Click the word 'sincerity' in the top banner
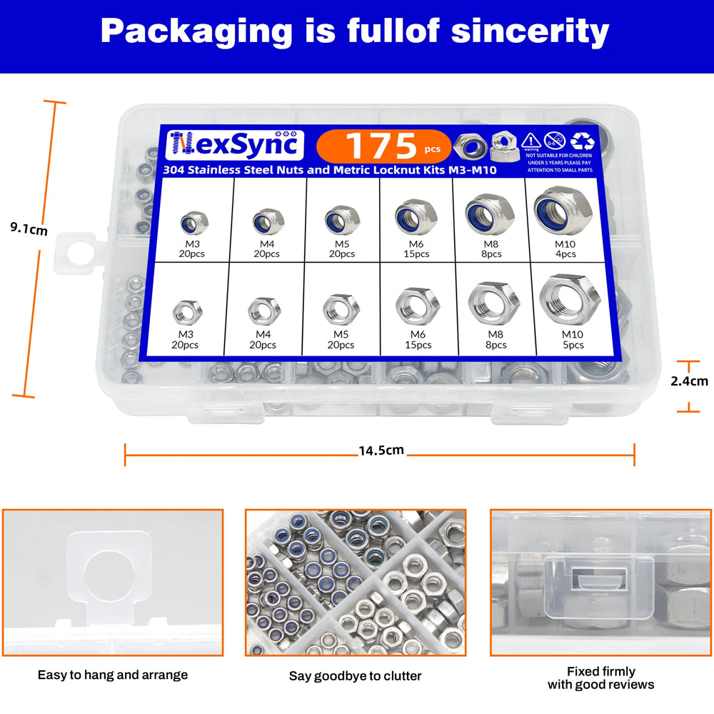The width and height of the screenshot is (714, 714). click(530, 32)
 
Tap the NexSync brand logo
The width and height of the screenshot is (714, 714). click(234, 145)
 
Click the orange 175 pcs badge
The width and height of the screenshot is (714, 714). click(383, 146)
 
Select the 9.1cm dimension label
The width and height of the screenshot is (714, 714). click(29, 228)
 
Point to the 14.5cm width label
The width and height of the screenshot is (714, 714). click(381, 451)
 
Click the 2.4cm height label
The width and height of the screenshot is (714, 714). click(689, 381)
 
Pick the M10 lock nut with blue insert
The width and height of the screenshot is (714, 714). click(563, 211)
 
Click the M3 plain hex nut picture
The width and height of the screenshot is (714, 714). click(187, 313)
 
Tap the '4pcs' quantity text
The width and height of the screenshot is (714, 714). click(565, 254)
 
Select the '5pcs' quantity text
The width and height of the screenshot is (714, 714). click(573, 345)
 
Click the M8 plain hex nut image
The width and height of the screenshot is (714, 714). click(493, 303)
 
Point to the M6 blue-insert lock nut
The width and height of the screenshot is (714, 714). click(416, 217)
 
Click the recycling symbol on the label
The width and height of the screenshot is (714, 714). click(583, 141)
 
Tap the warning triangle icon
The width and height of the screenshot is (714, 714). click(531, 141)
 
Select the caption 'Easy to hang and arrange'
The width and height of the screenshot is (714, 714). click(113, 675)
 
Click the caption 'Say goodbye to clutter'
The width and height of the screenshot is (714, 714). click(355, 675)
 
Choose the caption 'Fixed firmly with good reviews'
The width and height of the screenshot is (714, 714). click(601, 678)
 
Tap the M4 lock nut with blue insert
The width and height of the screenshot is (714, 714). click(268, 221)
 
